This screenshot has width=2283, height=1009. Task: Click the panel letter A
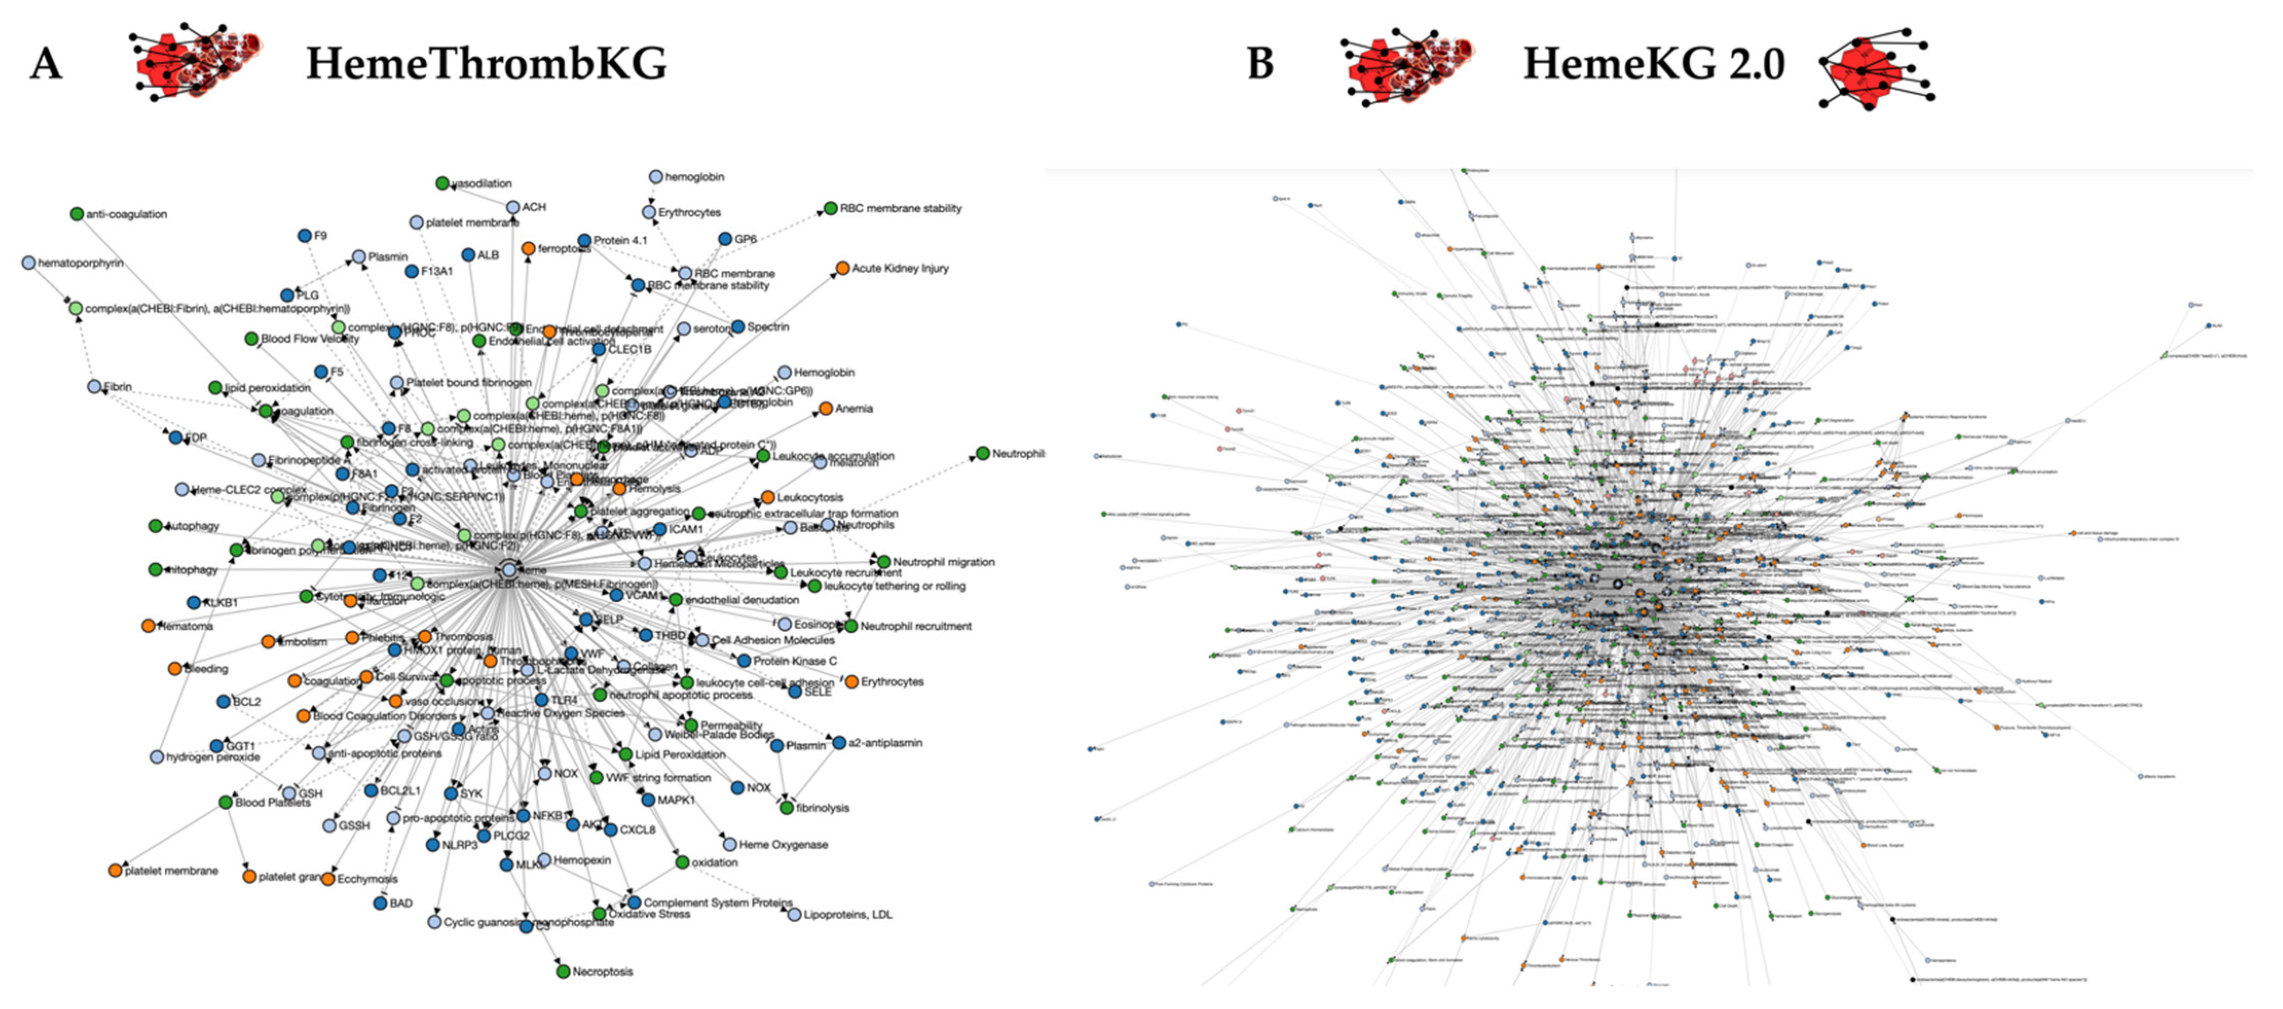46,64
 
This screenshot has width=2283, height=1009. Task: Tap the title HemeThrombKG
485,64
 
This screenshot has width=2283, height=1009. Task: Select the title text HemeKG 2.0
1653,64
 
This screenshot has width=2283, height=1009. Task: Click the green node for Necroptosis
563,972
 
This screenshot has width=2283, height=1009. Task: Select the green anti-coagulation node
77,214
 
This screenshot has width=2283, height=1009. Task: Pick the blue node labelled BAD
380,903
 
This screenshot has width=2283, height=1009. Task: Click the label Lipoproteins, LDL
847,914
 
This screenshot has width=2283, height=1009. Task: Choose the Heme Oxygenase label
783,844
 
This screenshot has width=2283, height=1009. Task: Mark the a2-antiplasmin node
838,742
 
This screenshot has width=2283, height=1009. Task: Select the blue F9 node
305,235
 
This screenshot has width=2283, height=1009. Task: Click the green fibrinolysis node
786,808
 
